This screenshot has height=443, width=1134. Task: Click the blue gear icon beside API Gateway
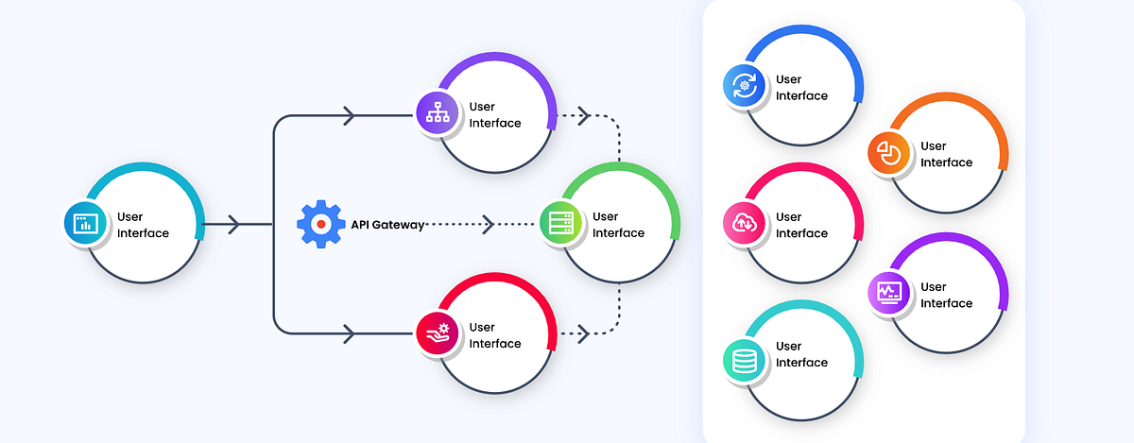320,225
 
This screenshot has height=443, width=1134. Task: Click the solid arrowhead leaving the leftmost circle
234,225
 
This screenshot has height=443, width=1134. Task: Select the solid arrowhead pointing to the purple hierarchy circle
349,116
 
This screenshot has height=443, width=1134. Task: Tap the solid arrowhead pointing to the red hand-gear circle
349,333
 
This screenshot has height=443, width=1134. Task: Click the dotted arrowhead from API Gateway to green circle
488,225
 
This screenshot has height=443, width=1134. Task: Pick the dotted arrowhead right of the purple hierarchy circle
584,116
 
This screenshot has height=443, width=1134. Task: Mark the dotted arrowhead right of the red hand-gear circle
584,333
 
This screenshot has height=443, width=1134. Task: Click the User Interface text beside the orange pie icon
946,154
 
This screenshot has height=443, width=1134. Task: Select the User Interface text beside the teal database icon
801,354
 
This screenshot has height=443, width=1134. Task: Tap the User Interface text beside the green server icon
618,225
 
